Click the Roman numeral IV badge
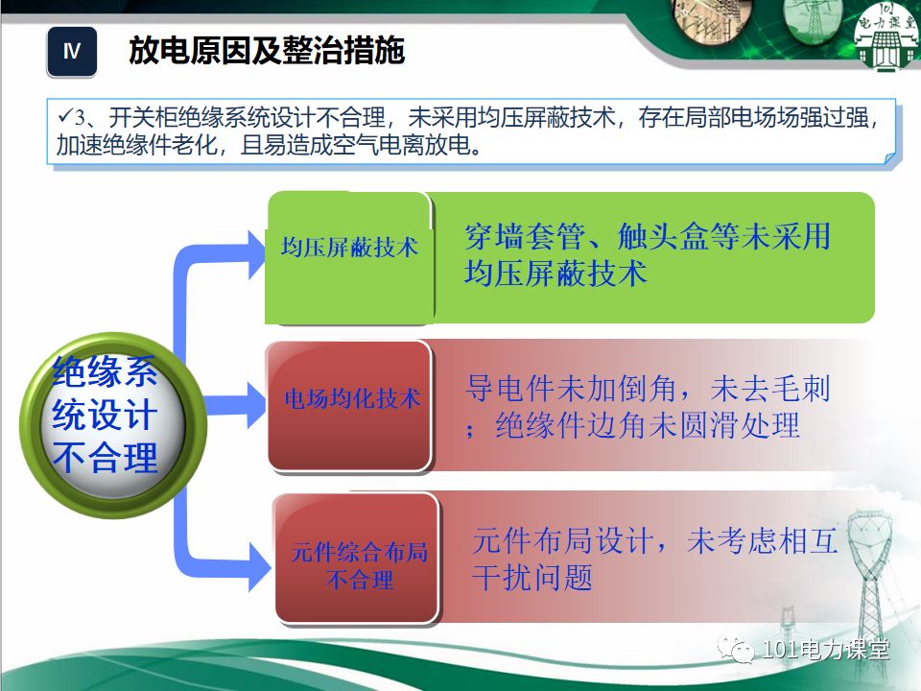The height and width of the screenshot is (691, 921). [72, 52]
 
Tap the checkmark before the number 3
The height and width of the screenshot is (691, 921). [65, 117]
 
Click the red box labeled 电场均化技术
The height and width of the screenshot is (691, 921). [350, 399]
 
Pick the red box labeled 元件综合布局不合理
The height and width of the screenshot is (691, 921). [358, 565]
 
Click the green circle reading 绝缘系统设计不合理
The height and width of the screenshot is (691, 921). [106, 415]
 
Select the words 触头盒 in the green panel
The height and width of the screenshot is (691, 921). [662, 237]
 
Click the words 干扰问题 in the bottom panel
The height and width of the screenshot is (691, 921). [532, 578]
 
